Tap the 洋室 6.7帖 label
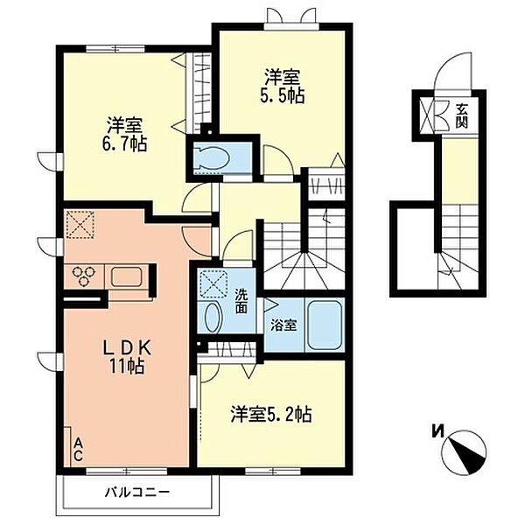126,133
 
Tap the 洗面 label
241,301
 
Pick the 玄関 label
461,115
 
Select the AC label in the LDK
77,450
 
